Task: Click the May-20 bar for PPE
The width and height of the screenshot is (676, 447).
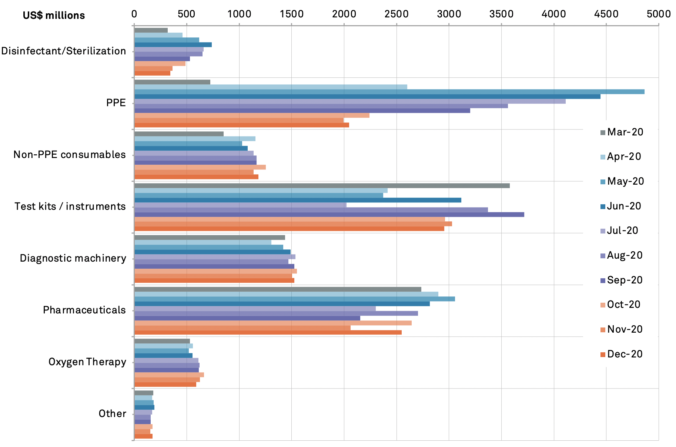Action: pyautogui.click(x=389, y=92)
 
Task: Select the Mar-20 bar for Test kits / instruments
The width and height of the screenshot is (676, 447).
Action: pyautogui.click(x=322, y=186)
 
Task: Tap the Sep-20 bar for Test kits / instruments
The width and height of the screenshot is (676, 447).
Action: pyautogui.click(x=329, y=215)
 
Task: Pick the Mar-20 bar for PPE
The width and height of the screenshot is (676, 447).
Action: pyautogui.click(x=172, y=82)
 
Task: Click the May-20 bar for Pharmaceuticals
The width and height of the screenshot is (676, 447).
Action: pyautogui.click(x=294, y=299)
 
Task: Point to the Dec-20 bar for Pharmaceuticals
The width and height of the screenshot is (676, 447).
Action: pyautogui.click(x=268, y=332)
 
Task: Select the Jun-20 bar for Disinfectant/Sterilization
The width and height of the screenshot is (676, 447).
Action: pyautogui.click(x=173, y=45)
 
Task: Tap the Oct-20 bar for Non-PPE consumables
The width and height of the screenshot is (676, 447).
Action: pyautogui.click(x=200, y=167)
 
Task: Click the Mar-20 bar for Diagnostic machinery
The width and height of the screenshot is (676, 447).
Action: pyautogui.click(x=210, y=238)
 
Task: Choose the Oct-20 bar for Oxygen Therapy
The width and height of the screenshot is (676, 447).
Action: pyautogui.click(x=169, y=375)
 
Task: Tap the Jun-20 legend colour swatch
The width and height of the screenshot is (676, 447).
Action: pyautogui.click(x=603, y=206)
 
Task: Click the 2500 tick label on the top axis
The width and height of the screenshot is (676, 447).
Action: pyautogui.click(x=396, y=14)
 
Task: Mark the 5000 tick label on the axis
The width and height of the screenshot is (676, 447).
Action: pyautogui.click(x=658, y=14)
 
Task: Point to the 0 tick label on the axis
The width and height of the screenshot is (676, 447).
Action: pyautogui.click(x=134, y=14)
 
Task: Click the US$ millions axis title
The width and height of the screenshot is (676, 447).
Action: pyautogui.click(x=54, y=16)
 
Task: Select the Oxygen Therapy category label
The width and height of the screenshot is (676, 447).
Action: pyautogui.click(x=87, y=362)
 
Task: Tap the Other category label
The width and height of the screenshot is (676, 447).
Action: pyautogui.click(x=112, y=414)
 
